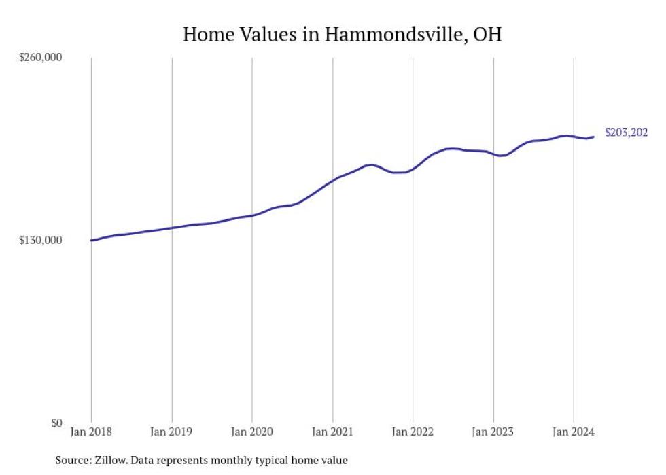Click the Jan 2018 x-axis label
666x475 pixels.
91,432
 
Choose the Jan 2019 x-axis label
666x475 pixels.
172,432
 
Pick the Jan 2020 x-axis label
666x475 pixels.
252,432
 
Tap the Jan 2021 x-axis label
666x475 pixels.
333,432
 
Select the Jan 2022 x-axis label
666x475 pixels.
413,432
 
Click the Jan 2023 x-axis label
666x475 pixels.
493,432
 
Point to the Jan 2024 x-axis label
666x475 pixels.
574,432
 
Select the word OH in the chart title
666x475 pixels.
487,35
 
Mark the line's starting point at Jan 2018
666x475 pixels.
91,240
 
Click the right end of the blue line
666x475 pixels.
594,137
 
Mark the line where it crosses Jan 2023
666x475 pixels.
493,154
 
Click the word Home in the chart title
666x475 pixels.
207,35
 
